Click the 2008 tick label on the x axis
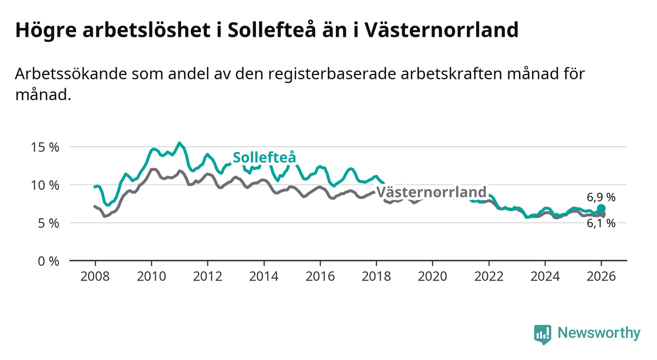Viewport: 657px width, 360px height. point(95,276)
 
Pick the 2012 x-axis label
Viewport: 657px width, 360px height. point(207,276)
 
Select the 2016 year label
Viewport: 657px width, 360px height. point(320,276)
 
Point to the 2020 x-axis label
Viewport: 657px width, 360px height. point(432,276)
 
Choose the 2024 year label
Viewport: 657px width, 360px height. point(545,276)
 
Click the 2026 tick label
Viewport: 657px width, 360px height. point(601,276)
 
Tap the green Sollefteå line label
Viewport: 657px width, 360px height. point(264,157)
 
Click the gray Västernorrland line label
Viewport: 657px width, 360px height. point(431,192)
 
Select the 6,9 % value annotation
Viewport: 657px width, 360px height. point(601,198)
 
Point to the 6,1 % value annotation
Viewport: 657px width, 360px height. point(601,223)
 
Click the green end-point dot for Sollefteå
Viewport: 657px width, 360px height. point(602,208)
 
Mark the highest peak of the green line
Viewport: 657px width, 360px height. point(179,143)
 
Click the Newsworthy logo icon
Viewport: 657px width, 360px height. point(542,334)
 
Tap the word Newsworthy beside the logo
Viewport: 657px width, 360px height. point(599,334)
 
